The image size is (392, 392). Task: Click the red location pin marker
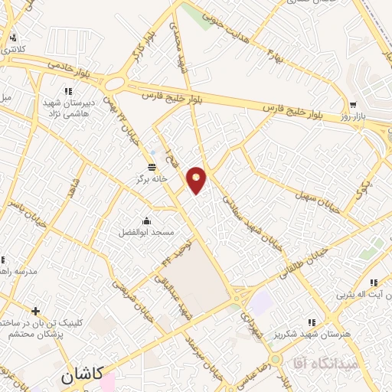tap(197, 180)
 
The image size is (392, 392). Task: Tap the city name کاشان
tap(80, 377)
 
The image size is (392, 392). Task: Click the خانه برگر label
tap(152, 179)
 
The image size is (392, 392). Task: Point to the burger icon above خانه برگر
tap(152, 166)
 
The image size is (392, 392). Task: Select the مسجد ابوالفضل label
tap(145, 232)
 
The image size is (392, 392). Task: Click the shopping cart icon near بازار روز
tap(353, 105)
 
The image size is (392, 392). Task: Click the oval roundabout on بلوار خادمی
tap(116, 81)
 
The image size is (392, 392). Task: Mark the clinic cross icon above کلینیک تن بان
tap(35, 310)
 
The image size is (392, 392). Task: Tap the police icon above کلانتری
tap(12, 38)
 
